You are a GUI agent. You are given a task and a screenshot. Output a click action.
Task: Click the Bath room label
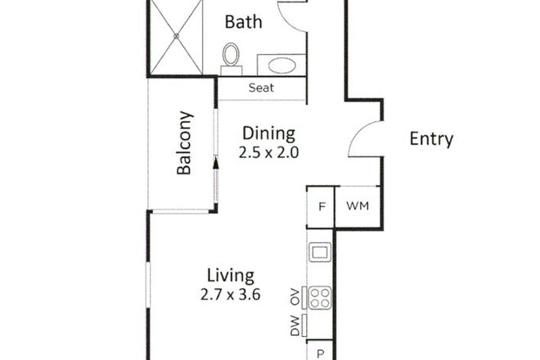click(244, 21)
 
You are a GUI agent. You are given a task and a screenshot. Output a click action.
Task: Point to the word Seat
click(261, 88)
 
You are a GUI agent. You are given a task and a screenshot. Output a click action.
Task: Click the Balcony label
click(184, 143)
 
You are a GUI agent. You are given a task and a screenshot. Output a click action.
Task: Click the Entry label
click(430, 139)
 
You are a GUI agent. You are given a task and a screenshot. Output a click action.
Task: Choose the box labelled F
click(322, 206)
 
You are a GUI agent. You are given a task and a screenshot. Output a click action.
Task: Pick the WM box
click(358, 206)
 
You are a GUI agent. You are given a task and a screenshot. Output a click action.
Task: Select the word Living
click(230, 275)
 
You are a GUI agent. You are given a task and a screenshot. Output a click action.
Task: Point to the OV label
click(292, 296)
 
